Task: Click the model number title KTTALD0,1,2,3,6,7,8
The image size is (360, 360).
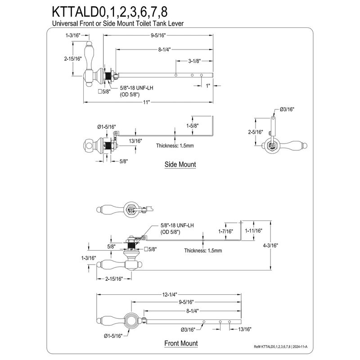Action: [x=109, y=12]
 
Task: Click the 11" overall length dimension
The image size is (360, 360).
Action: [x=146, y=102]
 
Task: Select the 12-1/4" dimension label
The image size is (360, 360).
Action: [x=170, y=295]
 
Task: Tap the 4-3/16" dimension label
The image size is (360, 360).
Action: [x=270, y=245]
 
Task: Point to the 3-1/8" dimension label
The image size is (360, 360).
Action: [x=194, y=61]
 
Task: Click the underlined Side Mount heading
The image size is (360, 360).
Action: [x=180, y=164]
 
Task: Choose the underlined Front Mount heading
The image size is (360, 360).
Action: [x=181, y=343]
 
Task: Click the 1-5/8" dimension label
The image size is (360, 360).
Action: [x=193, y=126]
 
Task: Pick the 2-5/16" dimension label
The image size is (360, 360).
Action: [x=255, y=132]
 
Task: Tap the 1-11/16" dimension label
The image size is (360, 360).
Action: [x=253, y=231]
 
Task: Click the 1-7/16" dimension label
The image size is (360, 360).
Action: [x=225, y=231]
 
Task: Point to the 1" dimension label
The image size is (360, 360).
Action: [x=208, y=86]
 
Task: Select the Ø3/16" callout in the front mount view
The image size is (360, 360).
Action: [x=188, y=330]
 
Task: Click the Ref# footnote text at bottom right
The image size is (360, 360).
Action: [x=280, y=346]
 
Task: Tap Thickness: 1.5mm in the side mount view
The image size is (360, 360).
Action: [x=175, y=145]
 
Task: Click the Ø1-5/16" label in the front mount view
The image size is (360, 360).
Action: [x=113, y=336]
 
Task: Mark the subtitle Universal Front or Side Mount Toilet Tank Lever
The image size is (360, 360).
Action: [x=118, y=23]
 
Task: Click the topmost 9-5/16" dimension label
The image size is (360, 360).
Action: [x=158, y=36]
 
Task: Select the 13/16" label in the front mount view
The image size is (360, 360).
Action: [x=244, y=329]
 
